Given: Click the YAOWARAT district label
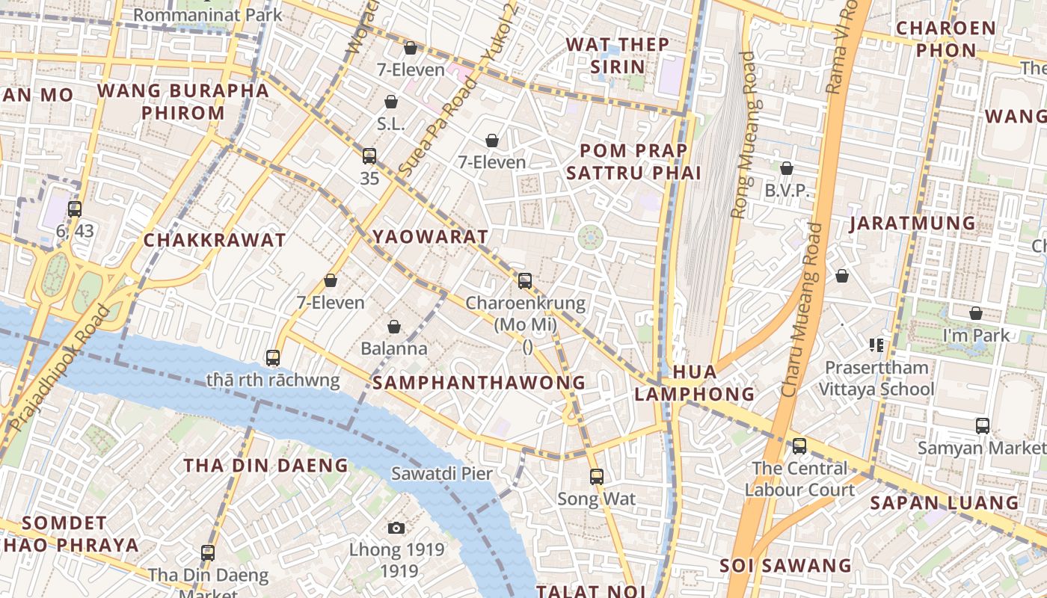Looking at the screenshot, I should pos(430,237).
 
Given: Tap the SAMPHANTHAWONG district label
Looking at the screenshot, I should pos(479,383).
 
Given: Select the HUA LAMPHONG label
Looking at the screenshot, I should pos(695,383).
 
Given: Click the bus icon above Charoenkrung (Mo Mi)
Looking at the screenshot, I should pos(525,281).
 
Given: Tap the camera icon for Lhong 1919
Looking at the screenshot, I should pos(396,528).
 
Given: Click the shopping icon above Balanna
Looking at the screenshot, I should pos(394,327).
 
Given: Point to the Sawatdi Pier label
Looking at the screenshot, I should pos(442,474).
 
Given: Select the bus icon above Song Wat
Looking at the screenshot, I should pos(596,476).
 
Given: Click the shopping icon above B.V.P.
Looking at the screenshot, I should pos(786,169).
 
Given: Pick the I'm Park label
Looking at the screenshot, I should pos(976,336).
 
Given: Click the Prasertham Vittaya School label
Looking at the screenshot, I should pos(876,378).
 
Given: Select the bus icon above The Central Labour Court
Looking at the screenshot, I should pos(799,446).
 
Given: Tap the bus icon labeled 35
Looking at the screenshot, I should pos(369,156).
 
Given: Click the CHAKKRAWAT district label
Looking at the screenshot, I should pos(214,240).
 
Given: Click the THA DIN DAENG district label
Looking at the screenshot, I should pos(266,465).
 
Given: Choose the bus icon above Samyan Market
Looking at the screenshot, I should pos(983,426).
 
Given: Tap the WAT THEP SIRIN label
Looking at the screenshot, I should pos(618,55).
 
